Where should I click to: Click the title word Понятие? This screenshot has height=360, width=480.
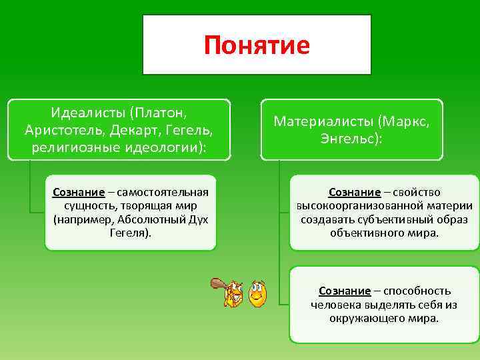click(257, 45)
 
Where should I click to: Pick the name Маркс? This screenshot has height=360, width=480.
click(406, 121)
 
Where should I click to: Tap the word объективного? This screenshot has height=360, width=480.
click(362, 233)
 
